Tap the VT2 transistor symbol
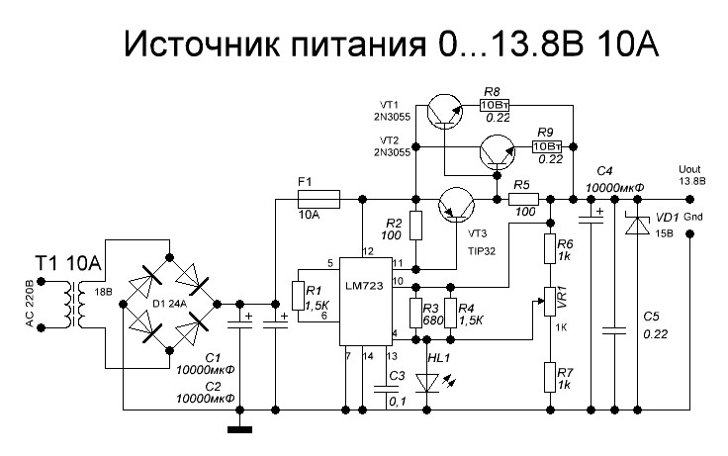coord(495,150)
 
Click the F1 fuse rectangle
coord(318,199)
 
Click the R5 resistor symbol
coord(523,199)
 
